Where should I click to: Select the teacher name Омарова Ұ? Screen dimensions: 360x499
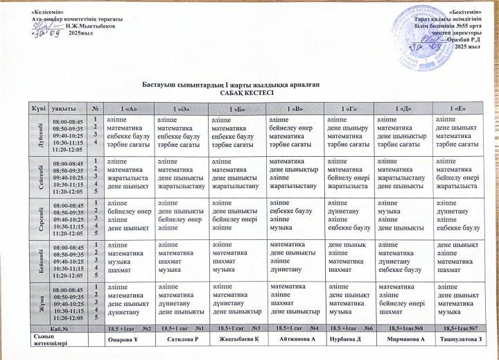click(128, 340)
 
